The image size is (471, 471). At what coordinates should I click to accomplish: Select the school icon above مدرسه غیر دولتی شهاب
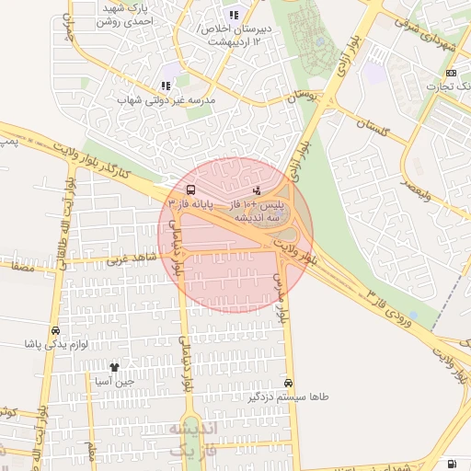[167, 86]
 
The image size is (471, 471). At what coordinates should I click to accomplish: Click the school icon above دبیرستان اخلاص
[234, 15]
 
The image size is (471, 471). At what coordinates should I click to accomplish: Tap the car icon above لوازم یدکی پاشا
[56, 331]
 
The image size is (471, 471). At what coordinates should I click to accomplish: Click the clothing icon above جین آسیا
[114, 367]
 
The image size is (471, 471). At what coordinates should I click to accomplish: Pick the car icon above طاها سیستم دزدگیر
[289, 383]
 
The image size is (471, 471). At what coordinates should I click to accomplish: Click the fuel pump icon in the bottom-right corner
[451, 464]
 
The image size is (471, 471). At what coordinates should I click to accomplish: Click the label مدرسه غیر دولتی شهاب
[167, 98]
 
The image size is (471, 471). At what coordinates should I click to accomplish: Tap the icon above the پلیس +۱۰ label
[257, 190]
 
